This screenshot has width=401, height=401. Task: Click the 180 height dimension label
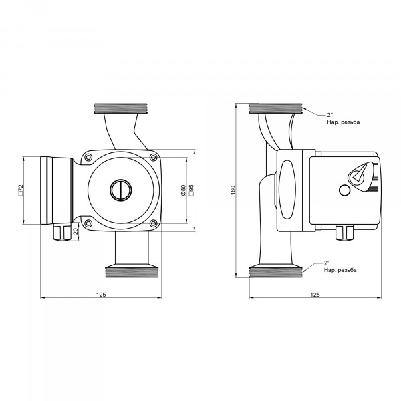[233, 190]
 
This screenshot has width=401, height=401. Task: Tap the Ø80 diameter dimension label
[183, 190]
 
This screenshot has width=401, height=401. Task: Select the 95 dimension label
[191, 190]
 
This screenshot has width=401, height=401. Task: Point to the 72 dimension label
[21, 190]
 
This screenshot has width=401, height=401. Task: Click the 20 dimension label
[75, 231]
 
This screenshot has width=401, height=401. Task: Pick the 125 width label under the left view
[101, 295]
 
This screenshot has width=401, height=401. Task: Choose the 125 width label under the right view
[315, 295]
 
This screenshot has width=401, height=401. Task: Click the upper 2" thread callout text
[344, 119]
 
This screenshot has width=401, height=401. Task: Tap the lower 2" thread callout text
[340, 267]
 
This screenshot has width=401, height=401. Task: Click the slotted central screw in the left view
[121, 190]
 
